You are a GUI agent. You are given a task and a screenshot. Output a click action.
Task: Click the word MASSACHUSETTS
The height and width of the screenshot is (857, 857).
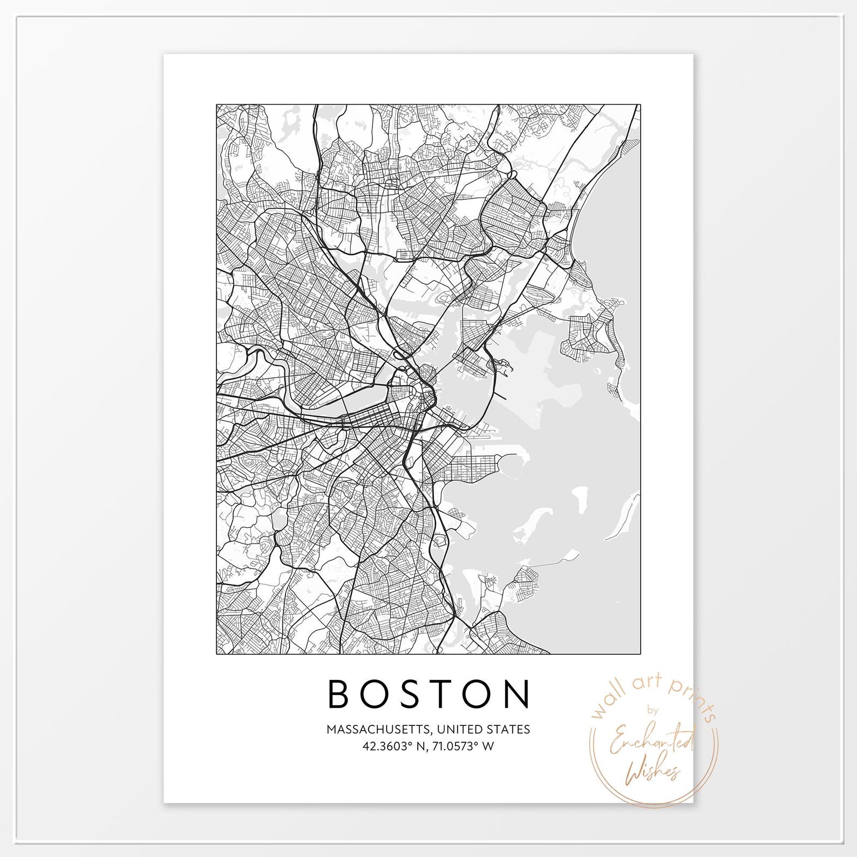377,730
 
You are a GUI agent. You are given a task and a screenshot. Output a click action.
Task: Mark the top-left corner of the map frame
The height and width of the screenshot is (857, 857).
216,104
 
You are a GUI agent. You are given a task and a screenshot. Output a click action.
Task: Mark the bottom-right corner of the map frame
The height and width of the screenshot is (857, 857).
641,654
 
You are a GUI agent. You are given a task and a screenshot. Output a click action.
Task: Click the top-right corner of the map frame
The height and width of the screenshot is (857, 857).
641,104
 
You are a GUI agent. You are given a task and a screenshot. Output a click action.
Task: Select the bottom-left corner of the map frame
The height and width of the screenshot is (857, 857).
216,654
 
